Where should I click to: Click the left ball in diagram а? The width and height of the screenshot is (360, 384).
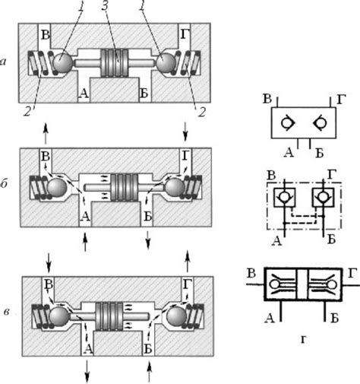pyautogui.click(x=63, y=62)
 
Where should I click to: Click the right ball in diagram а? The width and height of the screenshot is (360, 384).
pyautogui.click(x=166, y=62)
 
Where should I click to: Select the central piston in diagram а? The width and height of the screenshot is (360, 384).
pyautogui.click(x=114, y=63)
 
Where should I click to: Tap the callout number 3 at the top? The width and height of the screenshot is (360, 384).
pyautogui.click(x=105, y=5)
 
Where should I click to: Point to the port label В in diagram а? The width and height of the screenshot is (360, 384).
pyautogui.click(x=46, y=35)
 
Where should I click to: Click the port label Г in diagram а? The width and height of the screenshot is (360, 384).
pyautogui.click(x=185, y=34)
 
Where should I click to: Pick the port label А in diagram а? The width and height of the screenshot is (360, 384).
pyautogui.click(x=84, y=94)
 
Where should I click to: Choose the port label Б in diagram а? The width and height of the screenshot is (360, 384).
pyautogui.click(x=144, y=94)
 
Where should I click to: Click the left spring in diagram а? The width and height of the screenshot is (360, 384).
pyautogui.click(x=38, y=63)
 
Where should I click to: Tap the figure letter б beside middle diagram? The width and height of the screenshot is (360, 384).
pyautogui.click(x=5, y=183)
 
